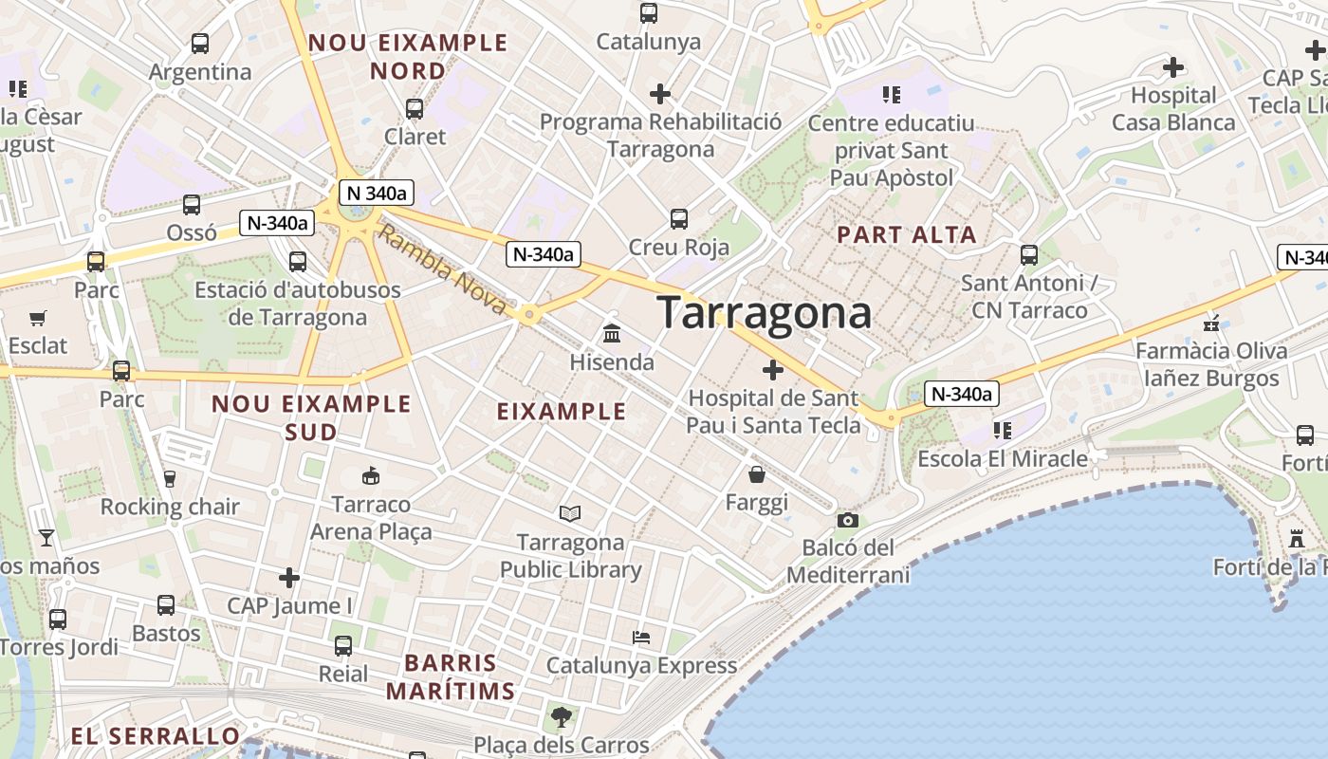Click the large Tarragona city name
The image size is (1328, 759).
tap(764, 312)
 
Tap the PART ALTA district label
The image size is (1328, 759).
tap(907, 234)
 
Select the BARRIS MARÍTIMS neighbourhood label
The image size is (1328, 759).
tap(450, 676)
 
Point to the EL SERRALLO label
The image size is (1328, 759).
tap(156, 736)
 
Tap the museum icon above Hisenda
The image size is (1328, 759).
tap(612, 334)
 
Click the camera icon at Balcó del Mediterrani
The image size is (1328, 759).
tap(848, 520)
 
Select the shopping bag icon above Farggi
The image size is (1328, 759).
tap(757, 473)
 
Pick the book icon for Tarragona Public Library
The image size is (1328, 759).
tap(570, 513)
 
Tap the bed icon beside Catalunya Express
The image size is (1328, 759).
tap(641, 637)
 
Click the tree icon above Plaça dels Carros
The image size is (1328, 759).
tap(561, 715)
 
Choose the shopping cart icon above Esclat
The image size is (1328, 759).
tap(38, 318)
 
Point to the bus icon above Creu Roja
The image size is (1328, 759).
tap(679, 219)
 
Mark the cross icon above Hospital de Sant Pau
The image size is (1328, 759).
tap(773, 369)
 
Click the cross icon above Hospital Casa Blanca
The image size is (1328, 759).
tap(1173, 66)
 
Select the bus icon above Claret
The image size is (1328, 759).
tap(415, 108)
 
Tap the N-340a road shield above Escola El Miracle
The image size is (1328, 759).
tap(962, 394)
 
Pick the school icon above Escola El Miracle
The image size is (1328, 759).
tap(1002, 431)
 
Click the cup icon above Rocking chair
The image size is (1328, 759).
tap(170, 479)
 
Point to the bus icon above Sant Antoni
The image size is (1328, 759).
tap(1029, 254)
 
